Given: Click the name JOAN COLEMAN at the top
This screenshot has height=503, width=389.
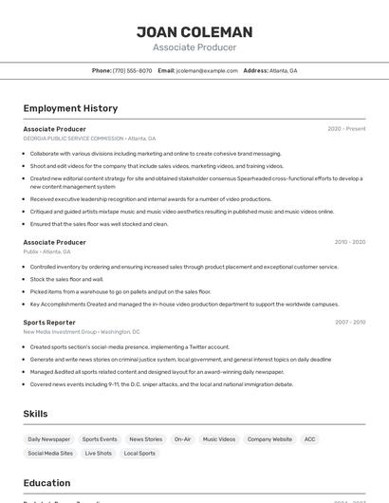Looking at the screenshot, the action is (x=194, y=31).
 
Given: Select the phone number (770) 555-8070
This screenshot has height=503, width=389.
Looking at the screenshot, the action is (x=132, y=70).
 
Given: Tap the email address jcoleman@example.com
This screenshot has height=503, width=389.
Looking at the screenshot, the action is (x=206, y=70).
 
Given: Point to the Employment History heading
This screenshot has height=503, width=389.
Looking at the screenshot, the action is (x=70, y=108).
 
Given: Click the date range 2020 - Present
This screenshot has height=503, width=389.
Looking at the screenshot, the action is (x=346, y=129).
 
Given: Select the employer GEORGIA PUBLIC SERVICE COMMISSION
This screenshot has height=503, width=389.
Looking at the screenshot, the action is (x=73, y=139).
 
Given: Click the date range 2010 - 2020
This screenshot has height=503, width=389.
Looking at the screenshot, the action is (x=350, y=242).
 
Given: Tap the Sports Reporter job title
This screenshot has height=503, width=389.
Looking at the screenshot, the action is (x=49, y=323).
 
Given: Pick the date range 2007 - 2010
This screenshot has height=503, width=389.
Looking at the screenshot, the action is (x=350, y=323).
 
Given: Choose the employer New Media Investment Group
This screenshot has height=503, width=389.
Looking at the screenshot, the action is (x=60, y=332).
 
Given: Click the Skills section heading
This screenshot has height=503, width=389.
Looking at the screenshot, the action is (x=35, y=414).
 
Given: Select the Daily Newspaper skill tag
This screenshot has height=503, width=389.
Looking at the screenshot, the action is (x=48, y=439).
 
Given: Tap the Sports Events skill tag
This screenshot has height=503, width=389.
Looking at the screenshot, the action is (x=100, y=439).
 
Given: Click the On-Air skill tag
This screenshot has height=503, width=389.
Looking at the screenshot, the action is (x=182, y=439).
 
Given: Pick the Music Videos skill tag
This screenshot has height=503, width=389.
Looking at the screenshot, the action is (x=219, y=439).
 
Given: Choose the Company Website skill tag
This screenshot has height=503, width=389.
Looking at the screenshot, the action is (x=269, y=439).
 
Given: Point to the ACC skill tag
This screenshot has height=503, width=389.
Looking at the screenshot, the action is (x=310, y=439).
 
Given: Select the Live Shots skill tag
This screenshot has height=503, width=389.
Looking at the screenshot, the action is (x=99, y=454).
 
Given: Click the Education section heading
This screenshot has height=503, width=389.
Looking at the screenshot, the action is (x=46, y=483).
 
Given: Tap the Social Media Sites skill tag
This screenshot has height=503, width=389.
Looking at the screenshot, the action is (x=50, y=454).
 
